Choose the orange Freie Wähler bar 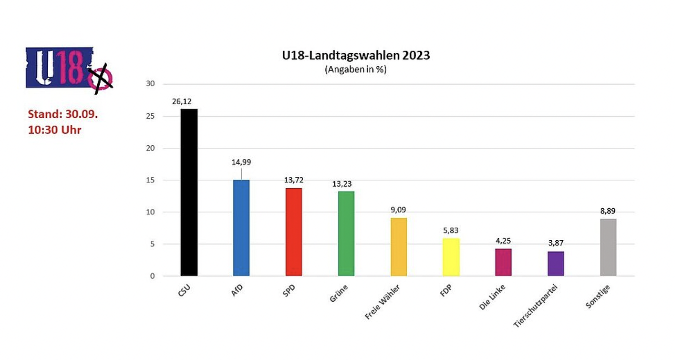399,247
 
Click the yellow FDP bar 451,257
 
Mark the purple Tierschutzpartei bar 556,264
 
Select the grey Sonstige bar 608,247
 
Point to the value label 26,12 182,102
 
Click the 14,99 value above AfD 241,162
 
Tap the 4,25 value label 503,241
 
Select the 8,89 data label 608,211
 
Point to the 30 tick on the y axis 150,84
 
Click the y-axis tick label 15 150,180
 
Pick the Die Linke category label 492,297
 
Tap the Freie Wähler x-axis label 382,302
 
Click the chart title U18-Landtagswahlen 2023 356,55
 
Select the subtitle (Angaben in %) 356,69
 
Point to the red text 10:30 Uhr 54,130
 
